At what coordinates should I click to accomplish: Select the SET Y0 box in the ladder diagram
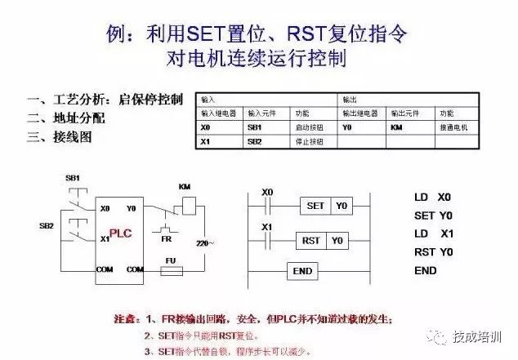(x=325, y=206)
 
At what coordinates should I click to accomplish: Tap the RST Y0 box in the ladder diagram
(x=321, y=241)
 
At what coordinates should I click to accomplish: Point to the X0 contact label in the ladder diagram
(x=266, y=193)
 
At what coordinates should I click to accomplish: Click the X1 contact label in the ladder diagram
(x=266, y=227)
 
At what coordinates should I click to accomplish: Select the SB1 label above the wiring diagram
(x=73, y=178)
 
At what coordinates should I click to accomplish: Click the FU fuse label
(x=171, y=260)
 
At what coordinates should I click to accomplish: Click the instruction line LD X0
(x=432, y=198)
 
